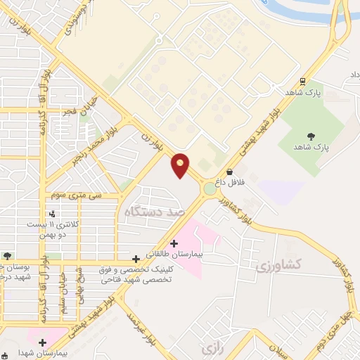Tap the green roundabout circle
click(210, 188)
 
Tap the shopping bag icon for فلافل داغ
click(229, 172)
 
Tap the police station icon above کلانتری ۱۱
click(51, 214)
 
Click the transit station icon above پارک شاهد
click(302, 82)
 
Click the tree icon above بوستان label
click(6, 256)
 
